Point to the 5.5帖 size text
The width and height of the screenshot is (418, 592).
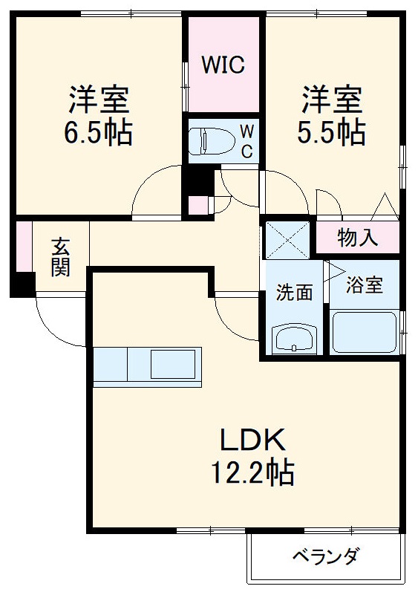[x=332, y=133]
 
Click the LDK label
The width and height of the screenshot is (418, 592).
[x=252, y=441]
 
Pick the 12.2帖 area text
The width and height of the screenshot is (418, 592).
[x=252, y=472]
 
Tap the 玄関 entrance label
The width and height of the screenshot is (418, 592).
[x=61, y=256]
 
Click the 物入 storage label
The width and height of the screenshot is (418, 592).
[x=358, y=238]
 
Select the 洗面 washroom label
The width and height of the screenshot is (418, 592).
[x=295, y=292]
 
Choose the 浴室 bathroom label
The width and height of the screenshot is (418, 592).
[x=365, y=284]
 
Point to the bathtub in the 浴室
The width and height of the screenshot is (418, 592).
[x=364, y=332]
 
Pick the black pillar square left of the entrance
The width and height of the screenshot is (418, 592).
[x=23, y=284]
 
